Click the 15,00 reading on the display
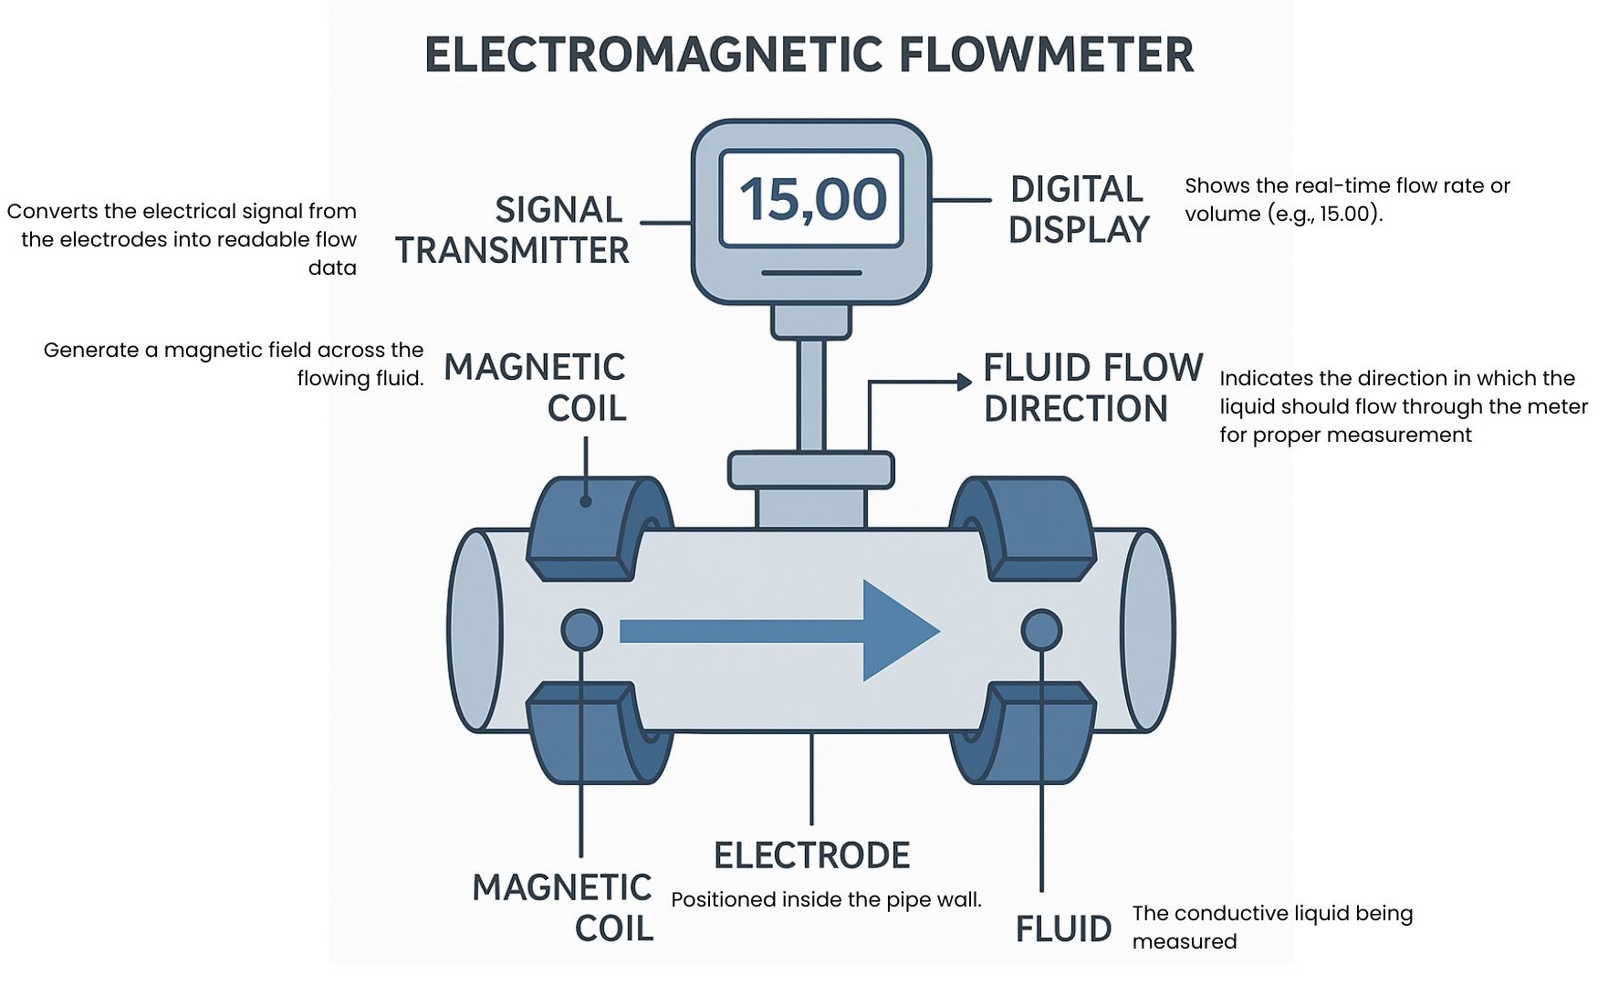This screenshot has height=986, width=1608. click(x=811, y=199)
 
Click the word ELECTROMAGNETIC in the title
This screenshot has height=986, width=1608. click(x=653, y=56)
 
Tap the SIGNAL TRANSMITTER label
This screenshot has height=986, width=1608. click(x=514, y=230)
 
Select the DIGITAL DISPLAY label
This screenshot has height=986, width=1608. click(x=1078, y=210)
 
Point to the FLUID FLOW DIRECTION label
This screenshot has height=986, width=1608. click(x=1092, y=388)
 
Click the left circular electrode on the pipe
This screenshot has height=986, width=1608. click(x=580, y=630)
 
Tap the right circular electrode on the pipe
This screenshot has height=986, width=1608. click(x=1040, y=630)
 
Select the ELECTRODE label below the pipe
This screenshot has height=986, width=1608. click(x=811, y=856)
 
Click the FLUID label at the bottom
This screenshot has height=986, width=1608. click(x=1063, y=929)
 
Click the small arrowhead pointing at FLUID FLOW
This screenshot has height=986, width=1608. click(x=964, y=382)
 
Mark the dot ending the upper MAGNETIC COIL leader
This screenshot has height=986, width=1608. click(x=585, y=501)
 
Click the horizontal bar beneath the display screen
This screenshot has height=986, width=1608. click(x=811, y=272)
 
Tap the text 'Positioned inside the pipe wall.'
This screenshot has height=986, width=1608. click(x=826, y=900)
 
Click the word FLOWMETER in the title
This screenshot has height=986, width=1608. click(x=1047, y=56)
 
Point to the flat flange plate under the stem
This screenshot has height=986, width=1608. click(x=810, y=470)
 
